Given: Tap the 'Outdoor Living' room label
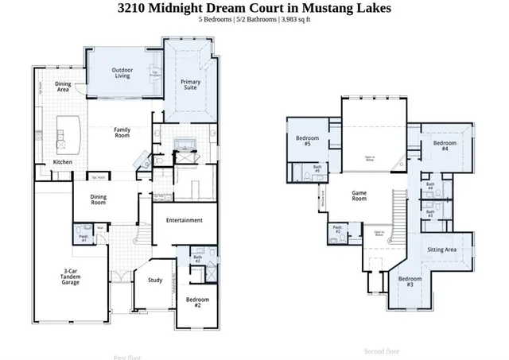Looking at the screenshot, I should click(122, 73).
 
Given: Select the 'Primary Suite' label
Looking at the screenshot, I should click(191, 85).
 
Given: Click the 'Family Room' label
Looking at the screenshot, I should click(122, 133).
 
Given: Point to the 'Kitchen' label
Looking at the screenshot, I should click(63, 162).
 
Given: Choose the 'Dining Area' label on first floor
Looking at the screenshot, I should click(62, 87).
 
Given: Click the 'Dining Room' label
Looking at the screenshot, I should click(97, 199).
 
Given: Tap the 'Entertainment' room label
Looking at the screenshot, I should click(184, 220).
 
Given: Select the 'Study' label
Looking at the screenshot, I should click(155, 280).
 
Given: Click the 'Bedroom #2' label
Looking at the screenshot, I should click(197, 302).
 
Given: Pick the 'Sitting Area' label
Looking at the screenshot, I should click(441, 250).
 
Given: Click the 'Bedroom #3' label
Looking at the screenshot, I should click(410, 281).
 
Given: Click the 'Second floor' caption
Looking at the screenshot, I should click(382, 350).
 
